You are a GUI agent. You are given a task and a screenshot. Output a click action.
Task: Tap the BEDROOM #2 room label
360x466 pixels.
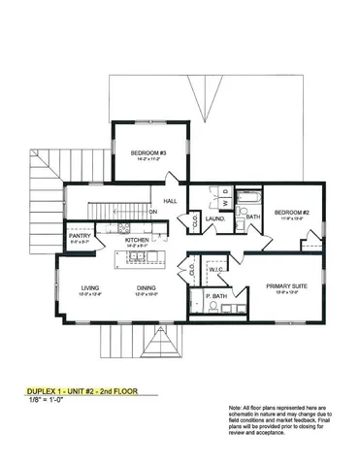(x=290, y=212)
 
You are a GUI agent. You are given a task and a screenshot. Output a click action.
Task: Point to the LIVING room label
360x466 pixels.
(x=91, y=287)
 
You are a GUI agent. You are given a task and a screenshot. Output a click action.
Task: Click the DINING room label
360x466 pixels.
(x=146, y=287)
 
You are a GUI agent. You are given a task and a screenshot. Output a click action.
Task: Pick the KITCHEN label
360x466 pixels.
(x=136, y=240)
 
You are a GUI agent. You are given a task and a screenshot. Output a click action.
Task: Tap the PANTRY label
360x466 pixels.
(x=80, y=236)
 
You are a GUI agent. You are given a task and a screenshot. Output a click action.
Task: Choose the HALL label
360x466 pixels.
(x=169, y=201)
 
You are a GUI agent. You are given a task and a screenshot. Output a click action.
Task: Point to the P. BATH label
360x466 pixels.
(x=218, y=295)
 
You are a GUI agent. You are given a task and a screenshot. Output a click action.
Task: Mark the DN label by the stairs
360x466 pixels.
(x=152, y=211)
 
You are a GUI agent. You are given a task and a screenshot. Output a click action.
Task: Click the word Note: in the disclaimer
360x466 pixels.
(x=236, y=408)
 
